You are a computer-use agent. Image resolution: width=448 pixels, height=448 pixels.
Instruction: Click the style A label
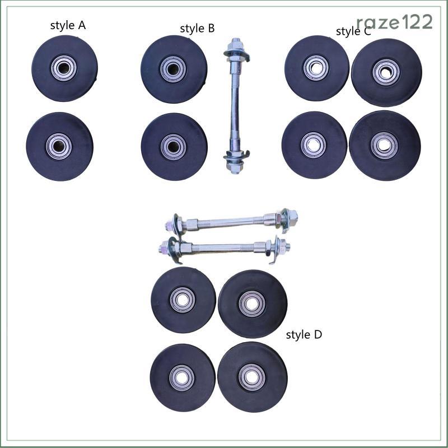[68, 26]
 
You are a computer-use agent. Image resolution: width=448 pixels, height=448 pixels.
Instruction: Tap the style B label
[197, 29]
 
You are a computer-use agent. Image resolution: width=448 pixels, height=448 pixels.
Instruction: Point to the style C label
[353, 31]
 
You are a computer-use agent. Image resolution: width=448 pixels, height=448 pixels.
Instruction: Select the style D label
[304, 334]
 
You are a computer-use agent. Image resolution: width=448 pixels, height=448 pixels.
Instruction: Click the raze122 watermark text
[395, 22]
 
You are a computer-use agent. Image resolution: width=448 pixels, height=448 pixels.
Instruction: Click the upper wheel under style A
[64, 68]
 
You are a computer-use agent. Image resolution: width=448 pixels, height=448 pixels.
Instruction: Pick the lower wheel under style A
[59, 147]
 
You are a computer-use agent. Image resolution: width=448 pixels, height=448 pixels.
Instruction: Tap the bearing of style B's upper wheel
[173, 69]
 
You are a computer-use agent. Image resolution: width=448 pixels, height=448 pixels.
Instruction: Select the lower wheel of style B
[174, 147]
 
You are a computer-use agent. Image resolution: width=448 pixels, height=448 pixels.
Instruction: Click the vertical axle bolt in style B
[236, 106]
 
